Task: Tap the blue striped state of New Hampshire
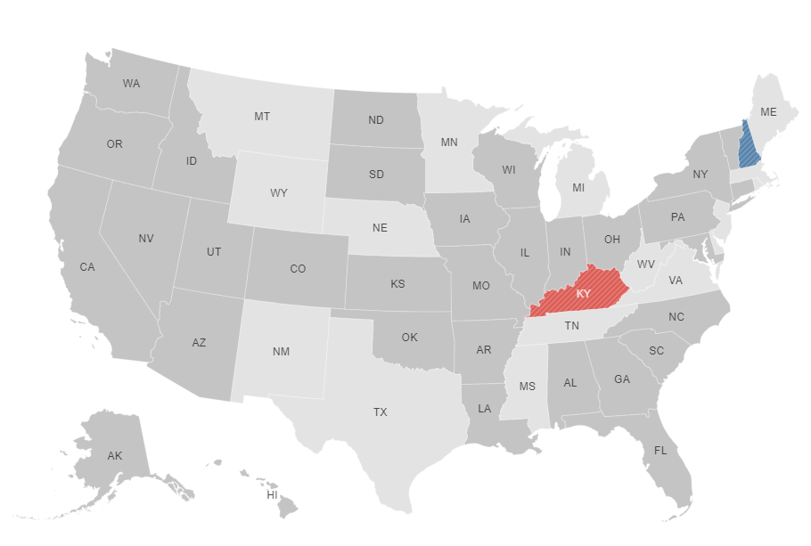pyautogui.click(x=750, y=151)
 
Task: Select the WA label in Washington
pyautogui.click(x=131, y=84)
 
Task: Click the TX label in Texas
pyautogui.click(x=381, y=412)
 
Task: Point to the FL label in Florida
pyautogui.click(x=660, y=450)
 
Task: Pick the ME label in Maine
pyautogui.click(x=768, y=112)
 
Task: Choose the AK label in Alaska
pyautogui.click(x=115, y=455)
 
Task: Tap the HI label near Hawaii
pyautogui.click(x=273, y=494)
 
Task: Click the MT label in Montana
pyautogui.click(x=262, y=117)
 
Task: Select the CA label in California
pyautogui.click(x=87, y=266)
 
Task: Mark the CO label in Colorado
pyautogui.click(x=298, y=269)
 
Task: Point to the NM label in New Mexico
pyautogui.click(x=281, y=351)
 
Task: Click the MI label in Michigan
pyautogui.click(x=578, y=188)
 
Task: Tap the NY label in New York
pyautogui.click(x=700, y=174)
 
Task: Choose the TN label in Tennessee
pyautogui.click(x=571, y=327)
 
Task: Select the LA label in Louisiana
pyautogui.click(x=484, y=409)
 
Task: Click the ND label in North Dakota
pyautogui.click(x=376, y=120)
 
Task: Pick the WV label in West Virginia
pyautogui.click(x=645, y=264)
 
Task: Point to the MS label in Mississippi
pyautogui.click(x=527, y=386)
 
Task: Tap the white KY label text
pyautogui.click(x=583, y=294)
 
